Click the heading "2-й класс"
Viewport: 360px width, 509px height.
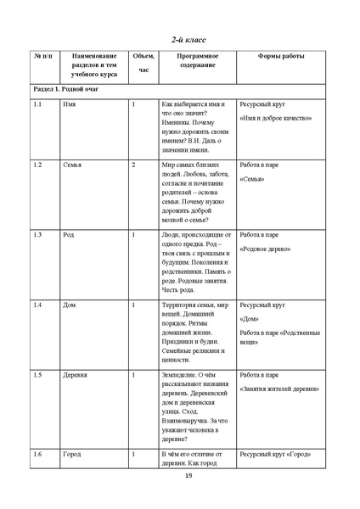(189, 39)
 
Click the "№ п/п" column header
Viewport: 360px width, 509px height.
(43, 56)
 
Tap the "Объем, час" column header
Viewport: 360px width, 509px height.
(143, 64)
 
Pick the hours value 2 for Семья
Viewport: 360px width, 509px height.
(134, 164)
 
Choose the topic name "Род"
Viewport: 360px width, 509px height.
(69, 233)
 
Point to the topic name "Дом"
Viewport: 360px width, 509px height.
(70, 304)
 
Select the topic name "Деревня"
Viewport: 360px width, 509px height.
(76, 373)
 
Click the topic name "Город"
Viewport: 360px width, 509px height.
(72, 454)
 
